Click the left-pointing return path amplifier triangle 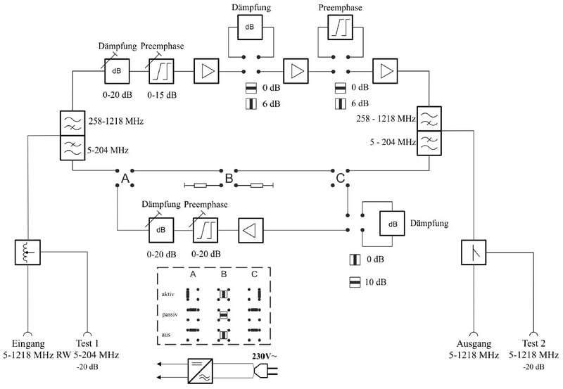(x=250, y=229)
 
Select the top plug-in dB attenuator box (x=250, y=27)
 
